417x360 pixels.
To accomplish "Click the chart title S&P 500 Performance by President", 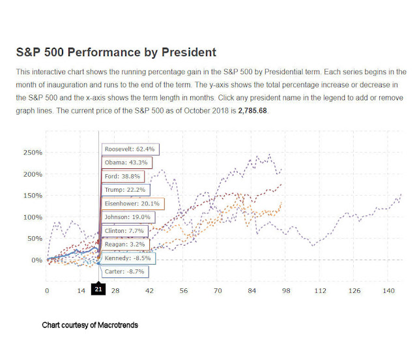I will point(115,52).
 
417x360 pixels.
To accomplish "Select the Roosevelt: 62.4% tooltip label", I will point(130,149).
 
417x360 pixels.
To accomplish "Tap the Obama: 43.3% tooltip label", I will point(126,162).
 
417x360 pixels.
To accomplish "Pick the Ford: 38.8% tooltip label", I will point(123,176).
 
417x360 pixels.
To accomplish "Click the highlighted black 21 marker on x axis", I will point(98,290).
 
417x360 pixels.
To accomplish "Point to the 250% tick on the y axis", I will point(33,153).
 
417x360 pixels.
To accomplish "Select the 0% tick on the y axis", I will point(36,260).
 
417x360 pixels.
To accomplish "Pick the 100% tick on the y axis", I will point(33,217).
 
